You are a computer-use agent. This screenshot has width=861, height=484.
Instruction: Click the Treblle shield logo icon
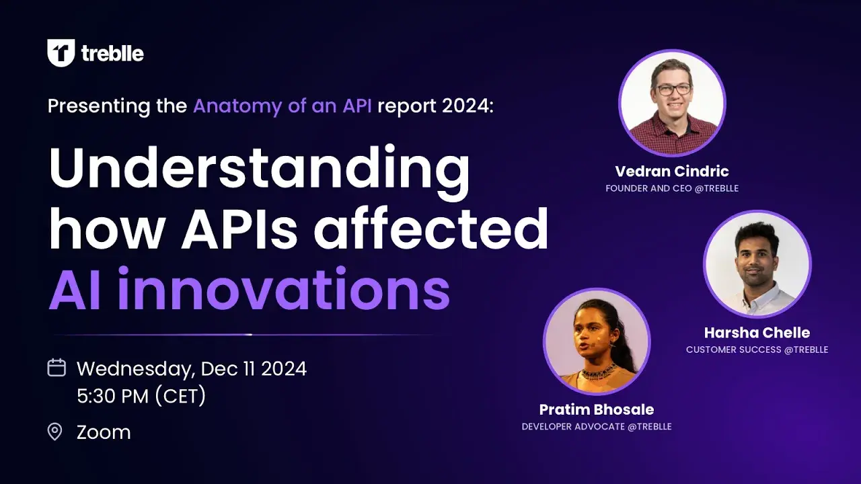61,53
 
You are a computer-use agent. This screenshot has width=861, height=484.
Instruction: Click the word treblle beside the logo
112,54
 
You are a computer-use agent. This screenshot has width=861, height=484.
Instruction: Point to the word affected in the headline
431,228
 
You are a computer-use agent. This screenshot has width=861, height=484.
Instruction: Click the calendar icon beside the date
57,368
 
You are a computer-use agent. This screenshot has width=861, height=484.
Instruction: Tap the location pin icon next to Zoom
55,432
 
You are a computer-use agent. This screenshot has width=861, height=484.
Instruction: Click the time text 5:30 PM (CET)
141,397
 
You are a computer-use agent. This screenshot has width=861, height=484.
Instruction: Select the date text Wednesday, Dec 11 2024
192,368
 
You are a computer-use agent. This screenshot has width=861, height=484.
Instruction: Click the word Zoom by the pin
104,432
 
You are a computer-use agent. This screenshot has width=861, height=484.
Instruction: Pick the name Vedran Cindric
672,171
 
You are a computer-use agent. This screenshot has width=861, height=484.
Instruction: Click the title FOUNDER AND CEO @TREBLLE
672,188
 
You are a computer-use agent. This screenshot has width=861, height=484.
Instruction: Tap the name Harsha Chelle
757,332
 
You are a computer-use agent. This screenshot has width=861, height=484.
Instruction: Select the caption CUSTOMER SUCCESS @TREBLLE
757,350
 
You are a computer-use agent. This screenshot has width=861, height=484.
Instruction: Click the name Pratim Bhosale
597,409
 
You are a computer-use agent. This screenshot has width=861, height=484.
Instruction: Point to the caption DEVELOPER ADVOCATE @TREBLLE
597,427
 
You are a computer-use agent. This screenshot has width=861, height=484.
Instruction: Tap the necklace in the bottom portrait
598,370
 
